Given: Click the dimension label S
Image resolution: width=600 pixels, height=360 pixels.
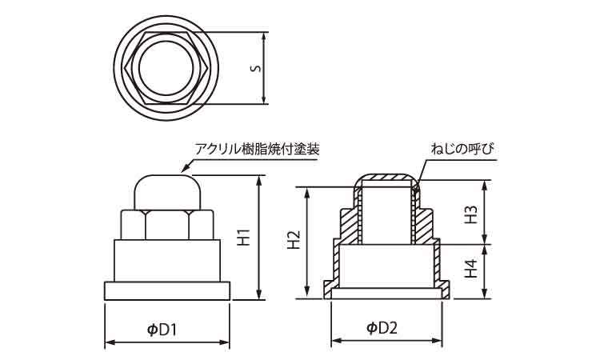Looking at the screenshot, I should pos(254,68).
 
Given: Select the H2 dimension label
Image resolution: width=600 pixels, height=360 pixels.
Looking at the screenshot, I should pos(294,241).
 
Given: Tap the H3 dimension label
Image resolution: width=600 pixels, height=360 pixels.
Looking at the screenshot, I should pos(472,214).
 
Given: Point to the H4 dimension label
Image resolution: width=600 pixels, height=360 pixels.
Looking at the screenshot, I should pos(472,270).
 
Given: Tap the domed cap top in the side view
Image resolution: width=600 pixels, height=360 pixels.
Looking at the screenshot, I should pos(166,190).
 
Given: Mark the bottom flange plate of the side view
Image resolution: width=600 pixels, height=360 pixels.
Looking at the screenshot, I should pos(167,290).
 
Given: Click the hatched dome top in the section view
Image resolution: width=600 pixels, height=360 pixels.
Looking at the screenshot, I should pos(386,177).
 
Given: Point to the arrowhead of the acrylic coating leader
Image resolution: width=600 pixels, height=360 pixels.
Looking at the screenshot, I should pos(186,170).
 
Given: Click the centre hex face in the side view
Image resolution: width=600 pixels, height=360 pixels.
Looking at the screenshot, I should pos(167,224).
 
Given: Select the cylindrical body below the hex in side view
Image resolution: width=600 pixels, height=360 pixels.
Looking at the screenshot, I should pos(167,260).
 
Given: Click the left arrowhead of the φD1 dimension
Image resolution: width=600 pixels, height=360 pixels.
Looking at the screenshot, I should pos(108,343).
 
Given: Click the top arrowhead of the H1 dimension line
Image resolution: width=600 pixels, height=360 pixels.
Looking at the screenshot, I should pos(259,179).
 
